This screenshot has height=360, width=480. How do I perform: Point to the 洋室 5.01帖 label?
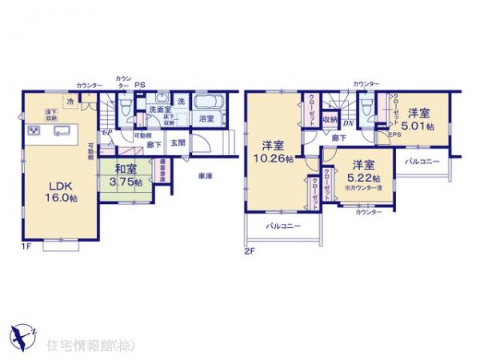418,120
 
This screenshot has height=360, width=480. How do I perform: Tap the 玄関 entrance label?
178,143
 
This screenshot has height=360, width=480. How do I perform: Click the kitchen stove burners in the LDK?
35,130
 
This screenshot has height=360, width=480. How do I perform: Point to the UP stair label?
106,134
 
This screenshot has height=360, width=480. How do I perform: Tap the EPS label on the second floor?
394,135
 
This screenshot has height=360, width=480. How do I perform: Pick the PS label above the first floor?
140,84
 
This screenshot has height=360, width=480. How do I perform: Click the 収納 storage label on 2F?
330,119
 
